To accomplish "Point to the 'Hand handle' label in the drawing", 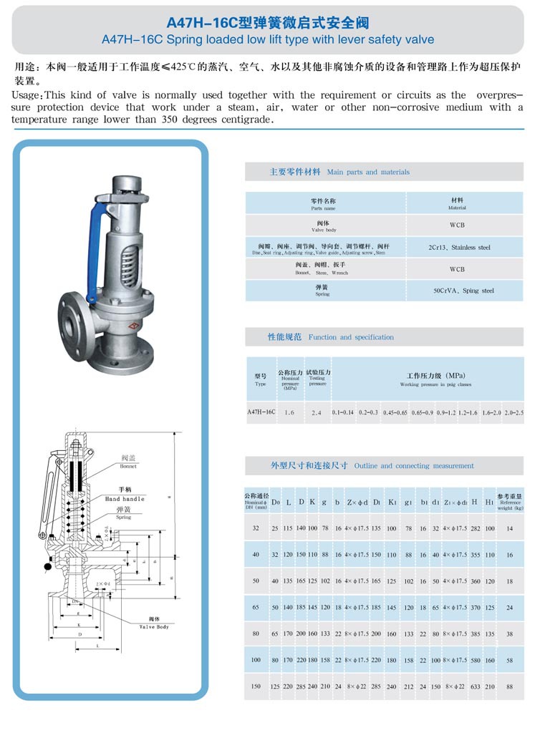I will pyautogui.click(x=125, y=498).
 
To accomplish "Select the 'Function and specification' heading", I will pyautogui.click(x=351, y=337).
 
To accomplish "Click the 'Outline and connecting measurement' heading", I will pyautogui.click(x=414, y=466).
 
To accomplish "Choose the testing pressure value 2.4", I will pyautogui.click(x=317, y=413).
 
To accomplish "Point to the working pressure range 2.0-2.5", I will pyautogui.click(x=513, y=413).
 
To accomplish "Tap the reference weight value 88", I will pyautogui.click(x=509, y=686).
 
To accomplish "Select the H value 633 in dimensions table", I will pyautogui.click(x=475, y=686).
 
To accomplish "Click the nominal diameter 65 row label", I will pyautogui.click(x=256, y=607).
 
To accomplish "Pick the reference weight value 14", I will pyautogui.click(x=509, y=528).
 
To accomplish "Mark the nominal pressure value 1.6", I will pyautogui.click(x=289, y=413).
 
